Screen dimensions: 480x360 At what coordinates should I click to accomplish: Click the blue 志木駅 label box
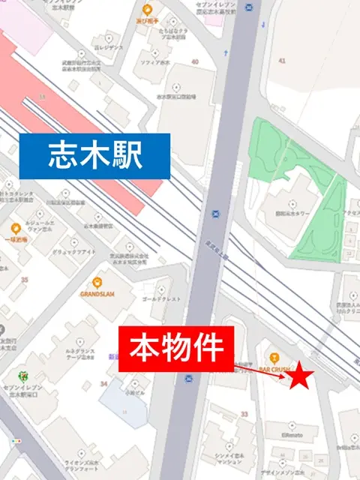click(x=94, y=156)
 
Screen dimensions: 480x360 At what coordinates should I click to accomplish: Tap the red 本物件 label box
click(x=177, y=348)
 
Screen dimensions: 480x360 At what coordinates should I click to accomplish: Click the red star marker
click(x=300, y=376)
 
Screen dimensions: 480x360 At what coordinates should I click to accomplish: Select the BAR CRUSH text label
click(x=274, y=370)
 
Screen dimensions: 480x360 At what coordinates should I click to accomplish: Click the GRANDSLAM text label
click(x=97, y=295)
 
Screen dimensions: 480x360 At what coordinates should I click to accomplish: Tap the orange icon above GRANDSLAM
click(x=97, y=283)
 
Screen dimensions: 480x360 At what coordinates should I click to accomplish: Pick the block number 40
click(x=195, y=62)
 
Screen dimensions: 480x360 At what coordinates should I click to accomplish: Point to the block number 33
click(x=244, y=413)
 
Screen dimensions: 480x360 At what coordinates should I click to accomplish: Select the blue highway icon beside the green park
click(x=216, y=212)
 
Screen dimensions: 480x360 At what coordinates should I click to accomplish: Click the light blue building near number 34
click(x=124, y=401)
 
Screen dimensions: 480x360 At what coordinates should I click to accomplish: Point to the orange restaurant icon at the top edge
click(x=146, y=10)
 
